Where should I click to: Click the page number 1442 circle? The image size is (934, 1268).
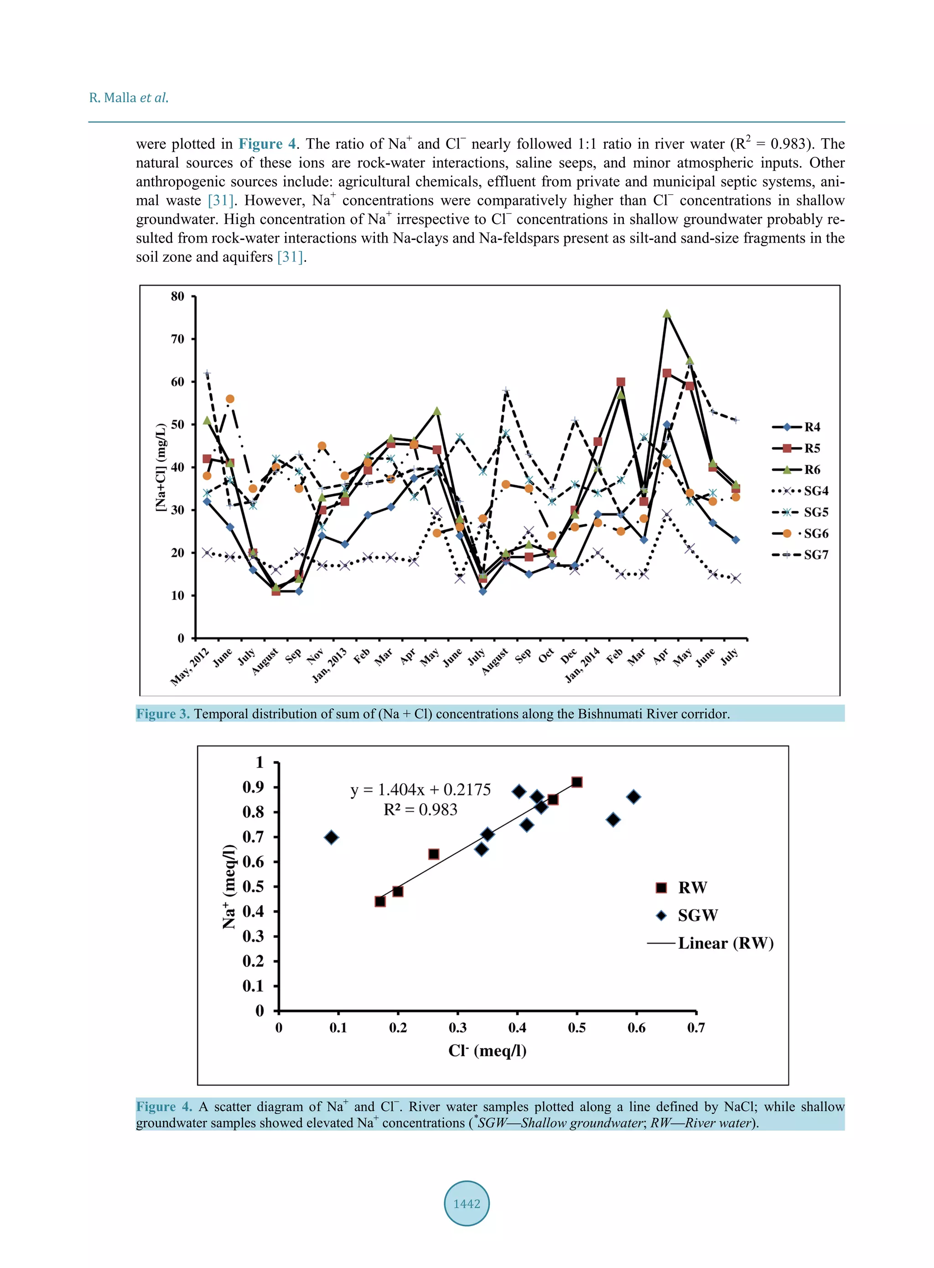[467, 1203]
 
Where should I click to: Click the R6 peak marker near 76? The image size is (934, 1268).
[667, 314]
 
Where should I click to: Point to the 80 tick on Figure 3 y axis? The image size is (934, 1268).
[177, 296]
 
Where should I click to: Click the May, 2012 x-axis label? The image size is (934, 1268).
[189, 667]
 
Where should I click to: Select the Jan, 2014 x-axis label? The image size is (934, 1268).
[582, 665]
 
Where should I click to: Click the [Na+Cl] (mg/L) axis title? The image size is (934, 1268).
[161, 467]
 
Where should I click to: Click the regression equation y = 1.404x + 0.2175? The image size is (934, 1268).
[420, 789]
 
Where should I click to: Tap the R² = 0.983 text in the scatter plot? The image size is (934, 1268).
[420, 810]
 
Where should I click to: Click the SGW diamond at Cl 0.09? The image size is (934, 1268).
[332, 837]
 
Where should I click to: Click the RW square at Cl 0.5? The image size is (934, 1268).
[577, 782]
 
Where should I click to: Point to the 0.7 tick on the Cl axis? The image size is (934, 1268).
[695, 1027]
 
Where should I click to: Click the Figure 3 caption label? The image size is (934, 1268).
[163, 713]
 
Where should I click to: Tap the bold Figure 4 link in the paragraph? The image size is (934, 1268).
[267, 144]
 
